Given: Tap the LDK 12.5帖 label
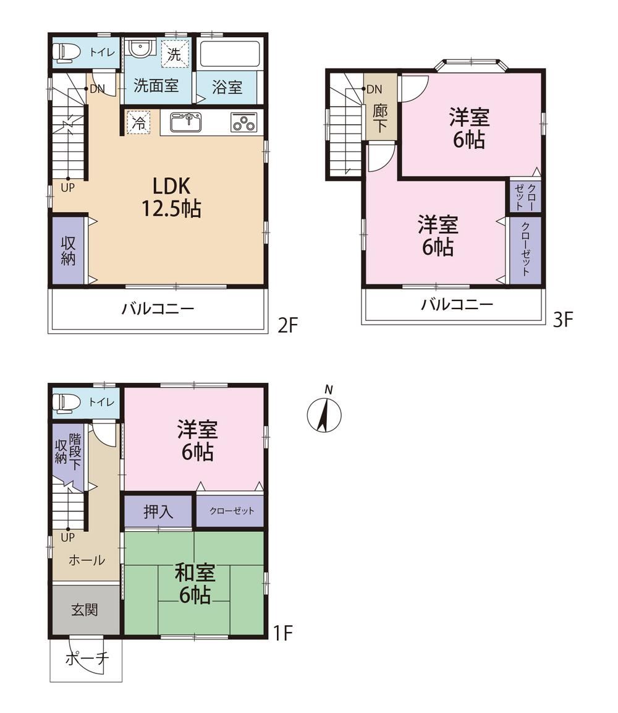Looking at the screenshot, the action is click(171, 197).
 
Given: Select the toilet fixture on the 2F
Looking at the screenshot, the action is click(66, 53).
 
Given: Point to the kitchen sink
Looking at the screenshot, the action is click(185, 122).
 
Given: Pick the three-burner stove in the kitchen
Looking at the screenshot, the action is click(243, 122).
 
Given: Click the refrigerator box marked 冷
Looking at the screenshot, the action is click(138, 122).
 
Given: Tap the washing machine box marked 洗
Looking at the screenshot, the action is click(174, 54).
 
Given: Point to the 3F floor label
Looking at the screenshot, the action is click(563, 320).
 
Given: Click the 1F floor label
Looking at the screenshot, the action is click(282, 633).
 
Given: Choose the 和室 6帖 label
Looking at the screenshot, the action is click(195, 583).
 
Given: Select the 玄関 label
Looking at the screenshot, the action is click(85, 609).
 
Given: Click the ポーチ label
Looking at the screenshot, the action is click(87, 659).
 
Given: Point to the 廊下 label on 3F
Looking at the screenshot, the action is click(380, 118).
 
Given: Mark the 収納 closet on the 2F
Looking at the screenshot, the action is click(68, 251).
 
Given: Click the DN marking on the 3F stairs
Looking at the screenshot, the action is click(374, 89).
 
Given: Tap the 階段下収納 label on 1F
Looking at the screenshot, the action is click(68, 451).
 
